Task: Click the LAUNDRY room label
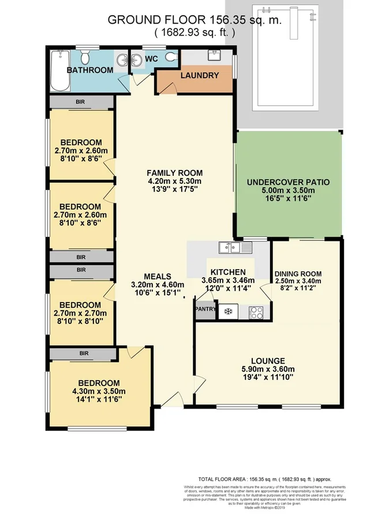point(199,75)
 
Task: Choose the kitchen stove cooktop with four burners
point(256,312)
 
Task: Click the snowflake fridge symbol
point(227,312)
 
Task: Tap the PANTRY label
point(205,309)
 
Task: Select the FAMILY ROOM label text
point(174,173)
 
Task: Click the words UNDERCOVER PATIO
point(288,182)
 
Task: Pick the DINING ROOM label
point(298,274)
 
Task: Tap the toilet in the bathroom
point(85,57)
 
